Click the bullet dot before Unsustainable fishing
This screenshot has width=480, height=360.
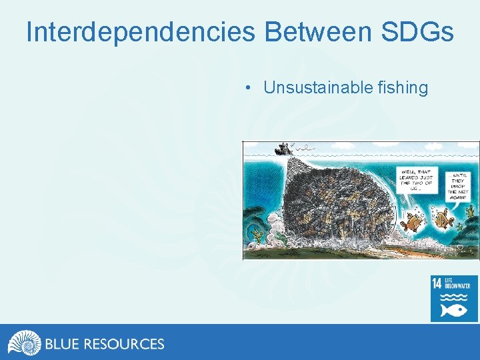click(x=247, y=88)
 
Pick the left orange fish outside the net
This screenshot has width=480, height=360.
click(x=413, y=220)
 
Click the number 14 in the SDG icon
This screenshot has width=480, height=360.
click(x=437, y=284)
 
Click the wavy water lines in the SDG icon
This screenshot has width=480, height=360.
click(x=455, y=297)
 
